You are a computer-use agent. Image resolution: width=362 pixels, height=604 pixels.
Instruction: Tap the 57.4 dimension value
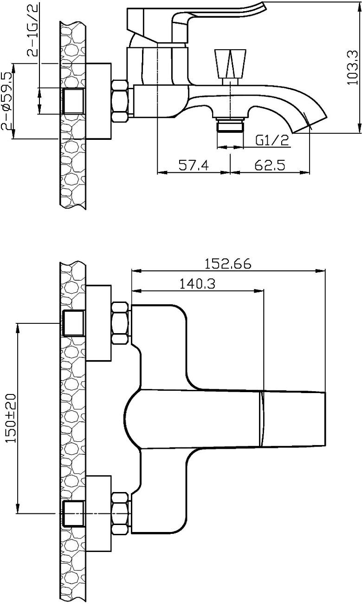click(x=194, y=165)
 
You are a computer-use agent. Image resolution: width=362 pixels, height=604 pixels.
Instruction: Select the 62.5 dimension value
click(x=270, y=165)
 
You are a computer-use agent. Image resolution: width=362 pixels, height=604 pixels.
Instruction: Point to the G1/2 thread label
click(x=272, y=140)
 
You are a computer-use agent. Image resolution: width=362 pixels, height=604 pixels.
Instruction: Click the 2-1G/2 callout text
click(x=32, y=29)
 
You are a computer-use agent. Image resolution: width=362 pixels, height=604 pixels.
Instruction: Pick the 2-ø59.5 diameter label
click(x=7, y=101)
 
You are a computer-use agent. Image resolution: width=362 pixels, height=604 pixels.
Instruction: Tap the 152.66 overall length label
click(x=228, y=264)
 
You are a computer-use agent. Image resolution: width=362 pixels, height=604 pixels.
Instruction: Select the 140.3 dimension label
click(x=197, y=284)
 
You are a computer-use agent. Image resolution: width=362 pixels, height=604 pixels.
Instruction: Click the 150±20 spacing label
click(x=11, y=418)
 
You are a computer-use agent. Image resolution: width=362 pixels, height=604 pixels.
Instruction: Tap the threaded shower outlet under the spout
click(x=231, y=125)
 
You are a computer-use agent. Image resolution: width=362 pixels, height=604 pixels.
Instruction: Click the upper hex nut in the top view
click(x=120, y=323)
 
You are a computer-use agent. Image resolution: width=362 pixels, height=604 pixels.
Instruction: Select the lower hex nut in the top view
click(x=120, y=513)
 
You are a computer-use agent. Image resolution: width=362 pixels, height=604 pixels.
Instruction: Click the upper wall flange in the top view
click(x=98, y=323)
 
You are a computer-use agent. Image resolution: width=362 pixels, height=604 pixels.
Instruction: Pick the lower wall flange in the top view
click(x=98, y=513)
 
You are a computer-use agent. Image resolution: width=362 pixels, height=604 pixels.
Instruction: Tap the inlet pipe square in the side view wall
click(x=73, y=101)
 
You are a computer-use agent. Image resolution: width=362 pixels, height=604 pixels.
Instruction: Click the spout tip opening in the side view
click(x=310, y=125)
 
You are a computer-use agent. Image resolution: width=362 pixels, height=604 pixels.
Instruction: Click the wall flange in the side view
click(x=98, y=101)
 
